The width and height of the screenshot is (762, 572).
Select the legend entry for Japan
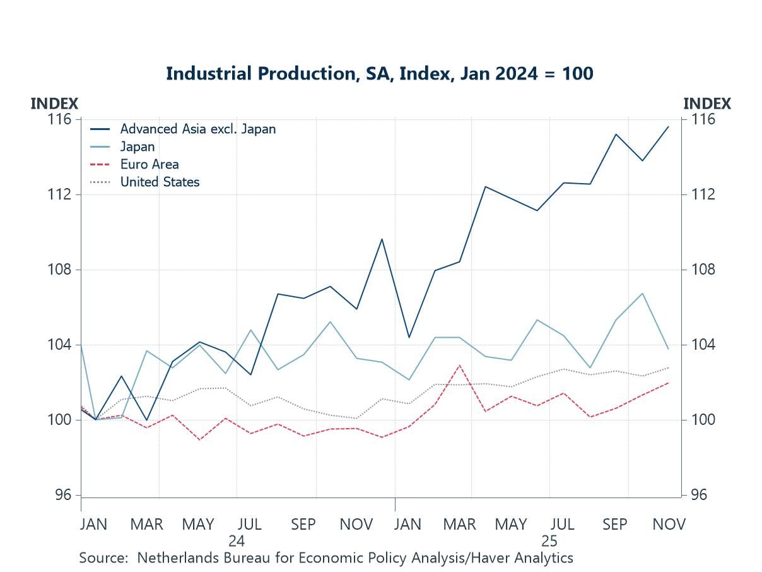click(x=138, y=146)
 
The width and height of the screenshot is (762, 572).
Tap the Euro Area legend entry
click(x=149, y=164)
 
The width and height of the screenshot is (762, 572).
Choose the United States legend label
click(x=160, y=182)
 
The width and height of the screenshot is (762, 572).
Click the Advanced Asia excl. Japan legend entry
click(x=197, y=129)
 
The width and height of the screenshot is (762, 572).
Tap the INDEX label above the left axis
click(x=54, y=104)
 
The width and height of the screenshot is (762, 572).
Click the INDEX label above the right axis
click(x=706, y=104)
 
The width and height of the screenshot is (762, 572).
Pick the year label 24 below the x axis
click(x=237, y=541)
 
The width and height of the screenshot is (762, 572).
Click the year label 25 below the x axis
click(x=549, y=541)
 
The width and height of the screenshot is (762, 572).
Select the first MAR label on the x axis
click(x=147, y=525)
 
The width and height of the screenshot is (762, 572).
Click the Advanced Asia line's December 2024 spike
click(x=382, y=239)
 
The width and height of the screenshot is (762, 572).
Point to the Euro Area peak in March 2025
click(x=460, y=365)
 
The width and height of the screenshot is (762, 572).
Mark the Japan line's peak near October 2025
click(x=642, y=293)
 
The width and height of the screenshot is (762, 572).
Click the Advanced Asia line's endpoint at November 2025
click(x=668, y=127)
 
